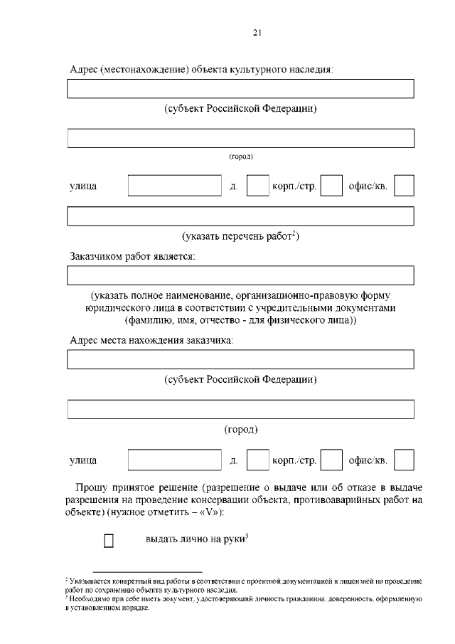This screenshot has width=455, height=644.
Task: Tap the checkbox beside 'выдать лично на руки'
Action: click(x=109, y=542)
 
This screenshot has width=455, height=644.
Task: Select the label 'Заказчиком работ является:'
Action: click(x=132, y=255)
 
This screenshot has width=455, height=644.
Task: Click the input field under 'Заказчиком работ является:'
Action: click(x=240, y=275)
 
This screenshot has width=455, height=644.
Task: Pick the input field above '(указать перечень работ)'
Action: click(x=240, y=216)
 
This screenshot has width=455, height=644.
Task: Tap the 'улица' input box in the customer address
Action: click(x=175, y=460)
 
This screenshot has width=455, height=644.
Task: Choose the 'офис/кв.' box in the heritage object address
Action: click(x=404, y=186)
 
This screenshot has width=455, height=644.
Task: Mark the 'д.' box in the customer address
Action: click(x=257, y=460)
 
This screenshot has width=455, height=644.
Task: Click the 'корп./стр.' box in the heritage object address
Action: click(x=331, y=186)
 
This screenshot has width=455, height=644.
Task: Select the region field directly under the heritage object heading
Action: click(x=240, y=89)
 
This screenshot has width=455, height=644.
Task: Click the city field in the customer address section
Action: click(x=240, y=410)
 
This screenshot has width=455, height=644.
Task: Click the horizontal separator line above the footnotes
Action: click(x=147, y=571)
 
